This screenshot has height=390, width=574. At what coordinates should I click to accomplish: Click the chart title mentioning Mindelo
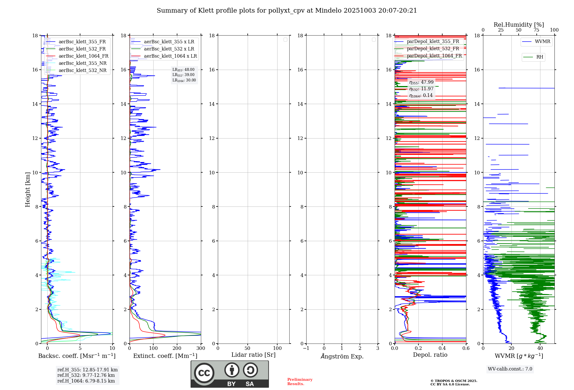click(x=287, y=11)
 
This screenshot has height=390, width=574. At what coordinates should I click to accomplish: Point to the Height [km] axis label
click(x=28, y=190)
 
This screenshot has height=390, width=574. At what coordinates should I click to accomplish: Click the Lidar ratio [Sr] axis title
click(x=253, y=355)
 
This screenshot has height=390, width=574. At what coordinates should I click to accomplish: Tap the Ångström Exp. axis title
click(x=342, y=356)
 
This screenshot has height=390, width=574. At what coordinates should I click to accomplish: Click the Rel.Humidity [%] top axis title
click(x=519, y=25)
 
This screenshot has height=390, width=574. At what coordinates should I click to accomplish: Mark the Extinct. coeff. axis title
click(x=165, y=356)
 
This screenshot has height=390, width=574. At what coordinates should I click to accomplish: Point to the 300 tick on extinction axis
click(x=201, y=348)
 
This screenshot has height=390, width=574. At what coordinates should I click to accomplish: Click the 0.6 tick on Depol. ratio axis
click(x=466, y=348)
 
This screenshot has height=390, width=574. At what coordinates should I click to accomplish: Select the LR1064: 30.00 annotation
click(x=184, y=80)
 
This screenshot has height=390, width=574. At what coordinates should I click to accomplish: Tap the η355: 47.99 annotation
click(x=421, y=82)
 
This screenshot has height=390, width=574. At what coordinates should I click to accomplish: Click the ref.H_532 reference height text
click(x=86, y=375)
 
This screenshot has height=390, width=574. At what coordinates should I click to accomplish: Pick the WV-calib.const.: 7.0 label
click(x=510, y=369)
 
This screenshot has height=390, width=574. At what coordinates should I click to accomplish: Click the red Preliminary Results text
click(x=300, y=382)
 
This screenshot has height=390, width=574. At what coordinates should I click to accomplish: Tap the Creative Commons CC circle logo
click(x=204, y=373)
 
